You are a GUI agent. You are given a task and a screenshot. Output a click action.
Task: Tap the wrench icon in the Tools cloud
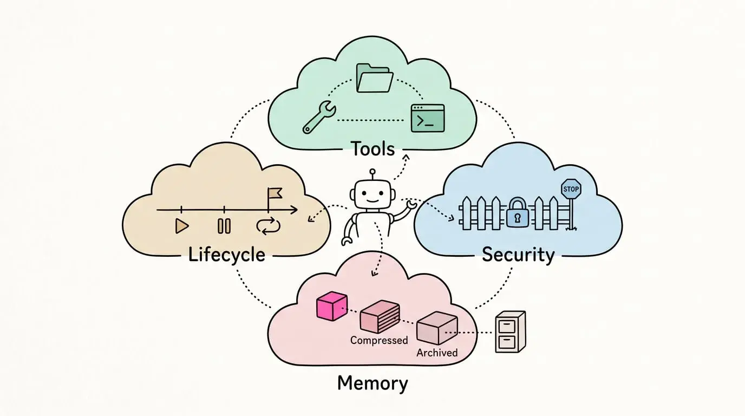319,118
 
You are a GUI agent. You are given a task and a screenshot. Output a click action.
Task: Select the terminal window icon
428,118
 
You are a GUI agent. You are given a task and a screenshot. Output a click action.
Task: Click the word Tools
373,149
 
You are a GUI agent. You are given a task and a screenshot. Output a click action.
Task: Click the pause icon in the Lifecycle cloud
224,226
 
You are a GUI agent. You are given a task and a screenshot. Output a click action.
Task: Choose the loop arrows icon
269,226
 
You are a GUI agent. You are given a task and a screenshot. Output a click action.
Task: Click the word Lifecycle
227,255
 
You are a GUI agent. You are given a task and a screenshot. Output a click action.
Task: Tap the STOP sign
571,189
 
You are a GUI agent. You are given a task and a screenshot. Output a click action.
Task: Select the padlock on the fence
517,213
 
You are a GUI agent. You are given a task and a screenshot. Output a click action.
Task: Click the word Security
518,255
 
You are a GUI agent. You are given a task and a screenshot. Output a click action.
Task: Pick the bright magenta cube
331,306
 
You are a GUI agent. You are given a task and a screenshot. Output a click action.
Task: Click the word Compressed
379,340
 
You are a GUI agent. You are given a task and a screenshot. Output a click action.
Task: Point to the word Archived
437,353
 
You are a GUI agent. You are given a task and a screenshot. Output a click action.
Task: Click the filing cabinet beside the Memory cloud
510,332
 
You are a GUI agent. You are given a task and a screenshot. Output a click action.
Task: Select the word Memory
372,383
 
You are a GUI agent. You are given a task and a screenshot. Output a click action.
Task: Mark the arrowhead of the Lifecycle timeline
294,210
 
